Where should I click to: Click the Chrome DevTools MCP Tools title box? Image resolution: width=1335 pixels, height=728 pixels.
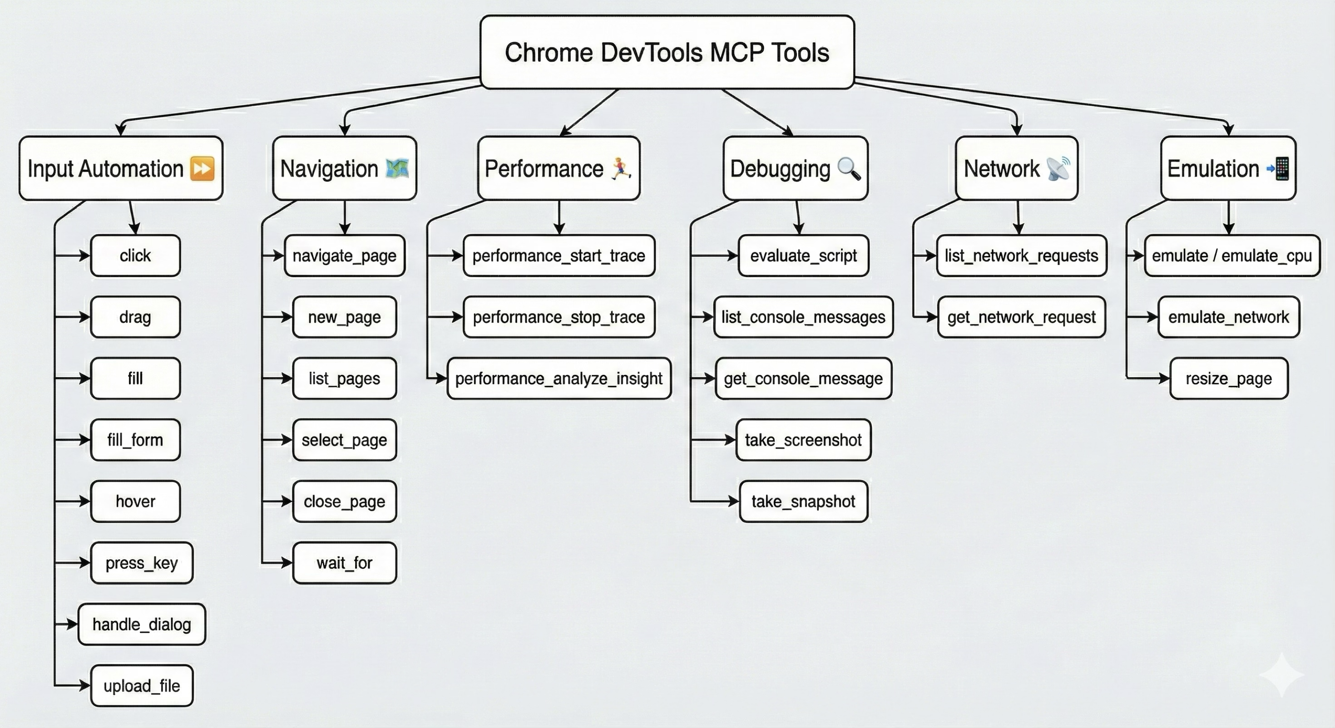tap(667, 52)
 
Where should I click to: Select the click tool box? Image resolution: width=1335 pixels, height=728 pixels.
tap(135, 256)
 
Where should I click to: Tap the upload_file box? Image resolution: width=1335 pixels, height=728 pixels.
tap(142, 685)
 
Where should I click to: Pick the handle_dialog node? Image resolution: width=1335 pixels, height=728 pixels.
tap(142, 624)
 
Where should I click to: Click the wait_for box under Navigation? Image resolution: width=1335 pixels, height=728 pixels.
tap(344, 563)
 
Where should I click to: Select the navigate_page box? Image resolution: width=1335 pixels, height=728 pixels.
tap(344, 256)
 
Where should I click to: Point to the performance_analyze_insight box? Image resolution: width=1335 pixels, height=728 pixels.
tap(559, 378)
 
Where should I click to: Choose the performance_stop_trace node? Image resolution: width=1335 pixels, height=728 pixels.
tap(559, 317)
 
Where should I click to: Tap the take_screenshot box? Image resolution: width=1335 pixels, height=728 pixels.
tap(803, 440)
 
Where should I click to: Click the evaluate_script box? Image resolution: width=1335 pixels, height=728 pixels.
tap(803, 256)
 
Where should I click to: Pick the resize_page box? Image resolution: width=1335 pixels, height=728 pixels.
tap(1228, 378)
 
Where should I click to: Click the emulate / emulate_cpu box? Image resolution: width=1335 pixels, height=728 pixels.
tap(1231, 256)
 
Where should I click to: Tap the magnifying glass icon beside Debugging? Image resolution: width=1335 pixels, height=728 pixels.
tap(849, 168)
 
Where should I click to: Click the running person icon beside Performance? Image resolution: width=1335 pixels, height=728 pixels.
tap(621, 168)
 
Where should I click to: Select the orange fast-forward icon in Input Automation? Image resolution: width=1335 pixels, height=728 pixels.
tap(202, 168)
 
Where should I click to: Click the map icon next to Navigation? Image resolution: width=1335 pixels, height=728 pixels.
tap(397, 168)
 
